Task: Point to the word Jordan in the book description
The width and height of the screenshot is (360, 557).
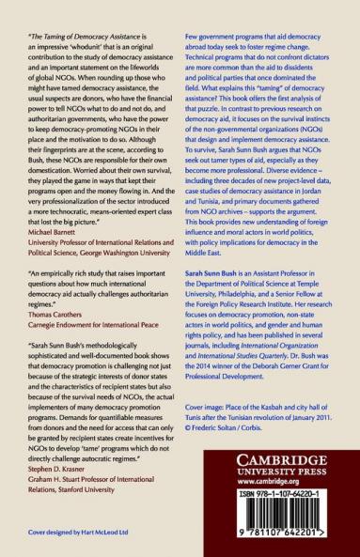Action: pyautogui.click(x=332, y=206)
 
